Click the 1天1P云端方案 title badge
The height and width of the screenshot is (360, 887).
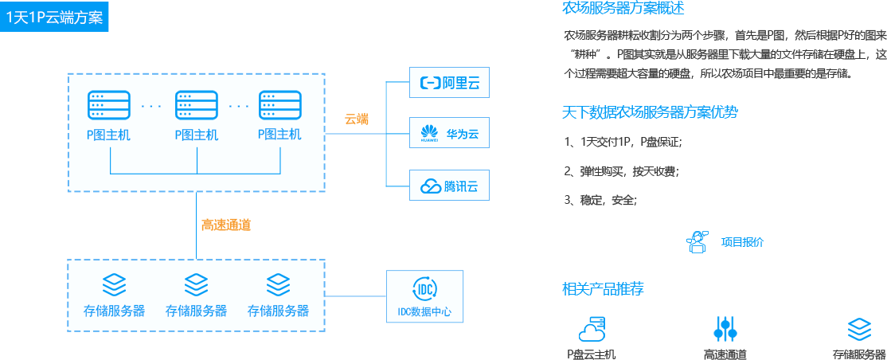54,17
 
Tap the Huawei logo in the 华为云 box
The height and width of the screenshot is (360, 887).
430,131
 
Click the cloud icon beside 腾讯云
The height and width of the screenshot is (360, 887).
430,187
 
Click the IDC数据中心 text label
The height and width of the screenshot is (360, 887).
424,312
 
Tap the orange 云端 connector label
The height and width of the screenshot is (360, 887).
357,119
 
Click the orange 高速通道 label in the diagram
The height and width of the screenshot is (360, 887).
226,225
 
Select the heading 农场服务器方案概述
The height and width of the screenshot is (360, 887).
623,9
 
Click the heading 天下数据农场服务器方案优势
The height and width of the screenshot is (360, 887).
650,112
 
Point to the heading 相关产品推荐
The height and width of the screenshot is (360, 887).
603,288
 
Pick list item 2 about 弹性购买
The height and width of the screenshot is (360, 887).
620,170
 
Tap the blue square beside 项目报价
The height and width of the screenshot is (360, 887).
697,242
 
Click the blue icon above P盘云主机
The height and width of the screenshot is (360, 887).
592,329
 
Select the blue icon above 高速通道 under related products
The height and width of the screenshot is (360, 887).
725,329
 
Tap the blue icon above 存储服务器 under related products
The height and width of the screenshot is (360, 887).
859,329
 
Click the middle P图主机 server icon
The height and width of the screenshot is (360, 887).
196,105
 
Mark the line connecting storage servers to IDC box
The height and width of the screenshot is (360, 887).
356,296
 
